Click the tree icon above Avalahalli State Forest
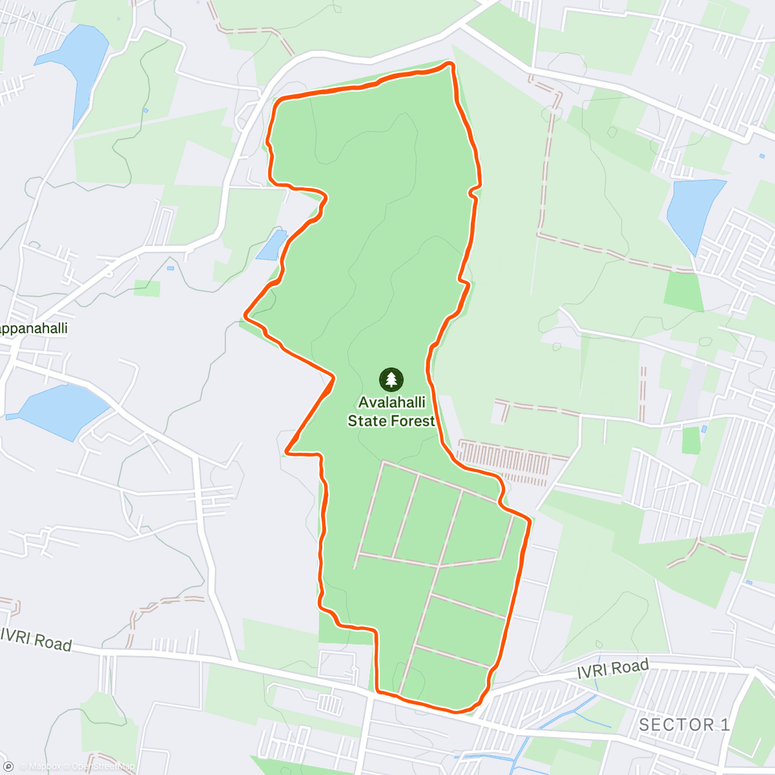391,379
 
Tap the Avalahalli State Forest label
391,411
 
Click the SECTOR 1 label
684,725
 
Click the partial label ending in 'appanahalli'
34,328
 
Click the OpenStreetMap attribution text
103,767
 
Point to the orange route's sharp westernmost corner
245,315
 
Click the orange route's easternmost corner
530,520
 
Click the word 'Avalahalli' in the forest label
391,402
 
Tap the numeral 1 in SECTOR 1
725,725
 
